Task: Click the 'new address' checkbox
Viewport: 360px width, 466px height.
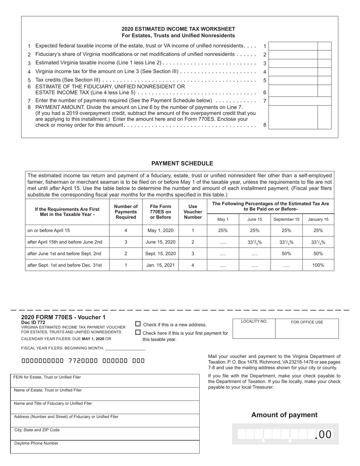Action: coord(138,324)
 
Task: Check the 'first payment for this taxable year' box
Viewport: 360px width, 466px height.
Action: coord(138,332)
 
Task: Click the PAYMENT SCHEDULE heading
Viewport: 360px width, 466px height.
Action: coord(182,163)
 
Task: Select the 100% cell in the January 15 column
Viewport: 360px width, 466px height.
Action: coord(318,265)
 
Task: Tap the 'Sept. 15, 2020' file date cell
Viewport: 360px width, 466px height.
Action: coord(160,253)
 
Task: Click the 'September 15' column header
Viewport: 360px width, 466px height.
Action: coord(286,219)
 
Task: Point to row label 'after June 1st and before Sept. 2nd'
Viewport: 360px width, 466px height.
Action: coord(64,253)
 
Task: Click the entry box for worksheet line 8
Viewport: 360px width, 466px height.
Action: coord(293,117)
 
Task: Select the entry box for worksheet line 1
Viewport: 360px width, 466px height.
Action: coord(293,46)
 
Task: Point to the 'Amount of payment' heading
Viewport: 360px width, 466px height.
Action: coord(284,415)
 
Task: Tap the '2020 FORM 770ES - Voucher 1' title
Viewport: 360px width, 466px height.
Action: coord(63,317)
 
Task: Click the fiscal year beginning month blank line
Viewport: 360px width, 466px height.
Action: coord(125,348)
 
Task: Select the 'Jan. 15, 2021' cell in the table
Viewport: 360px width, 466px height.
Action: coord(160,265)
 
